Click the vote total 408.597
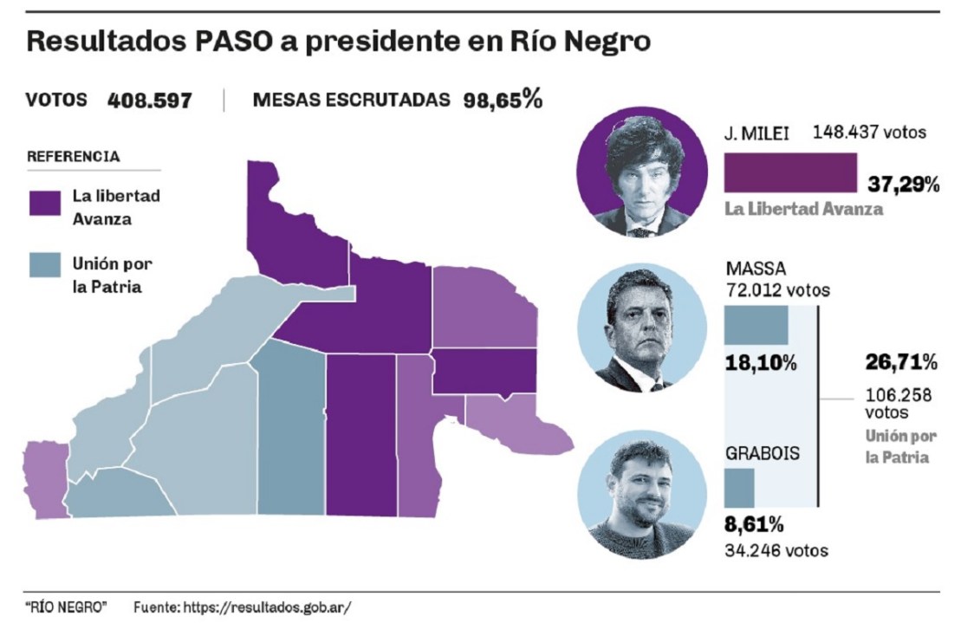(149, 101)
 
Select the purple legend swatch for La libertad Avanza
(44, 203)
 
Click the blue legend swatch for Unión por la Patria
(44, 264)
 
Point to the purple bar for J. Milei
(789, 172)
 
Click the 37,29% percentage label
(904, 184)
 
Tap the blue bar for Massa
(756, 325)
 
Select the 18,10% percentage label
(760, 362)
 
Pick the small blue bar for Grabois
(739, 487)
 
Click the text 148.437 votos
(869, 133)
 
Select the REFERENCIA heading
(73, 157)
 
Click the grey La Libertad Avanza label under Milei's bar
(803, 209)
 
